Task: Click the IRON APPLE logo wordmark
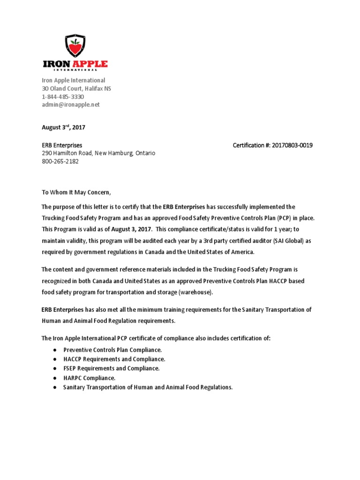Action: point(75,64)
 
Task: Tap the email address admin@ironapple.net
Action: point(71,105)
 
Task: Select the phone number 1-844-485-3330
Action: point(63,97)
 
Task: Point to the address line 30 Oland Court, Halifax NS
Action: point(76,89)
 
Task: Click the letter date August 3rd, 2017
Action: point(63,127)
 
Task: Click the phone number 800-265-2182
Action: point(60,161)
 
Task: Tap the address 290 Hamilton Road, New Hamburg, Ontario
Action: point(98,153)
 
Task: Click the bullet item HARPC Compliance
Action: point(89,378)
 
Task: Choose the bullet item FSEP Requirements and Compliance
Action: point(112,368)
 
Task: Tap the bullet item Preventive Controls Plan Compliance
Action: point(112,350)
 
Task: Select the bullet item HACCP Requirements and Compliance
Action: point(114,359)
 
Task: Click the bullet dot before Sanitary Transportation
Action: point(55,387)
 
